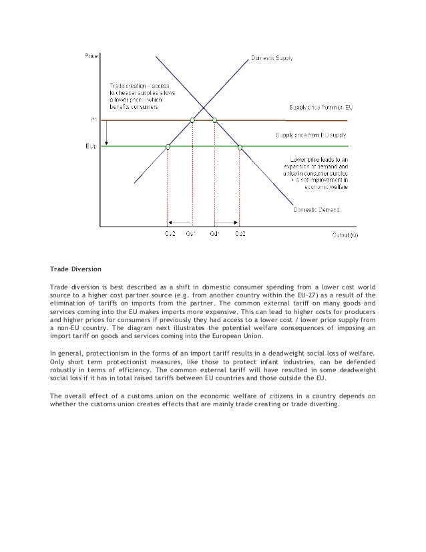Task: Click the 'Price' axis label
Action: coord(89,55)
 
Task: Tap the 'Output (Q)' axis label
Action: coord(344,235)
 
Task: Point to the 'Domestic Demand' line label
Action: coord(316,210)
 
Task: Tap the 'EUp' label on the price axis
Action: coord(89,146)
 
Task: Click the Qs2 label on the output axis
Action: coord(170,234)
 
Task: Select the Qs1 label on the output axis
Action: coord(192,234)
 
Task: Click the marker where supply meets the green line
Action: coord(168,146)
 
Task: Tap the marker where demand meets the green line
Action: coord(240,146)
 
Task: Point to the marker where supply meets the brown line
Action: coord(192,120)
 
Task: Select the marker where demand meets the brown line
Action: coord(214,120)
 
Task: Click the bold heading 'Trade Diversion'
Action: coord(75,269)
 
